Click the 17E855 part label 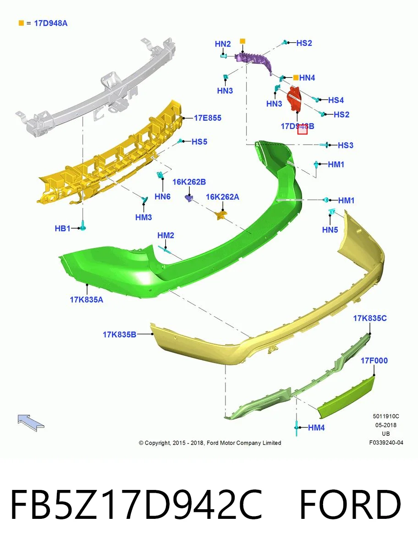(x=208, y=118)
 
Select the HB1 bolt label (x=62, y=228)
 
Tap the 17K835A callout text (x=87, y=299)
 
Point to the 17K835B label (x=120, y=334)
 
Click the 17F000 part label (x=374, y=361)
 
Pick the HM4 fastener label (x=316, y=427)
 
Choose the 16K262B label (x=189, y=182)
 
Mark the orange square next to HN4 (x=296, y=78)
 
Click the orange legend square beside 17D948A (x=21, y=23)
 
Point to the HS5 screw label (x=199, y=142)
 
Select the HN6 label (x=163, y=197)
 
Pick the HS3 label (x=346, y=146)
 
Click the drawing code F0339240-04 (x=386, y=443)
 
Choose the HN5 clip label (x=330, y=230)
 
